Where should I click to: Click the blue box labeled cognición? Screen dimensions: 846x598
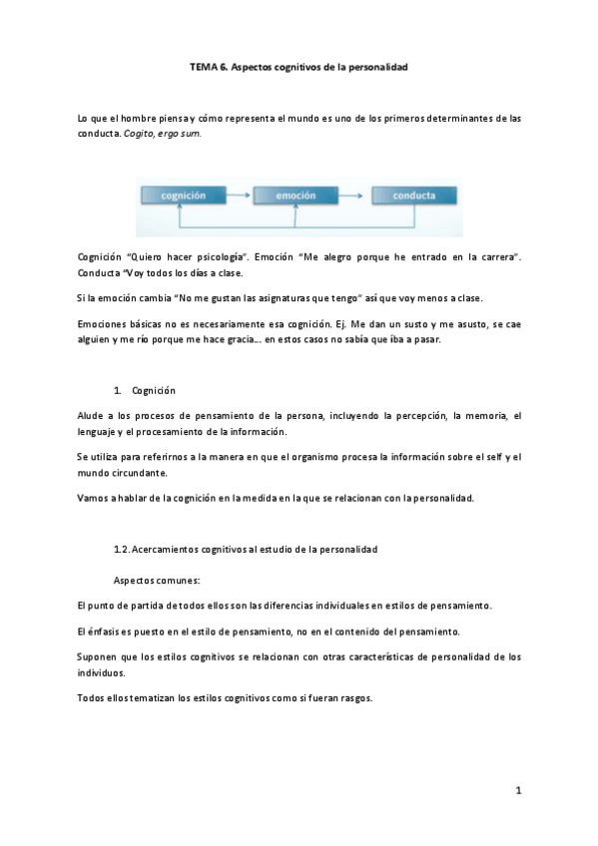(x=184, y=197)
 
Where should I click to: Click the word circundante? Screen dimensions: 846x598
(x=137, y=472)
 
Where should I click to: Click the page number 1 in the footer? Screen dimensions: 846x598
(x=518, y=791)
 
